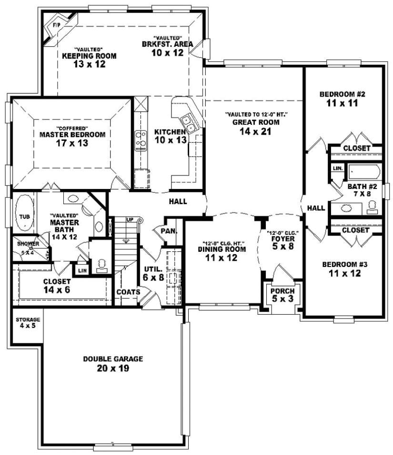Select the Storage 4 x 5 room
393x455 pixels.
click(x=28, y=323)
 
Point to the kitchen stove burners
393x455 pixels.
click(x=141, y=140)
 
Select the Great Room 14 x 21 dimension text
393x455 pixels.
click(x=256, y=132)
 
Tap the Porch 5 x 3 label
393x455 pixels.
click(x=282, y=291)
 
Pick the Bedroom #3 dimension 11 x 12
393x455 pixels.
click(x=344, y=273)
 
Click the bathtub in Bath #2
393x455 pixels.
click(x=363, y=171)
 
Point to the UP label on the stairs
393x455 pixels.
click(x=130, y=219)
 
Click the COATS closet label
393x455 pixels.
click(x=128, y=292)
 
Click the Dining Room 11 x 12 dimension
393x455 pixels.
click(x=222, y=257)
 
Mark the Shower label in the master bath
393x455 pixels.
click(x=28, y=243)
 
